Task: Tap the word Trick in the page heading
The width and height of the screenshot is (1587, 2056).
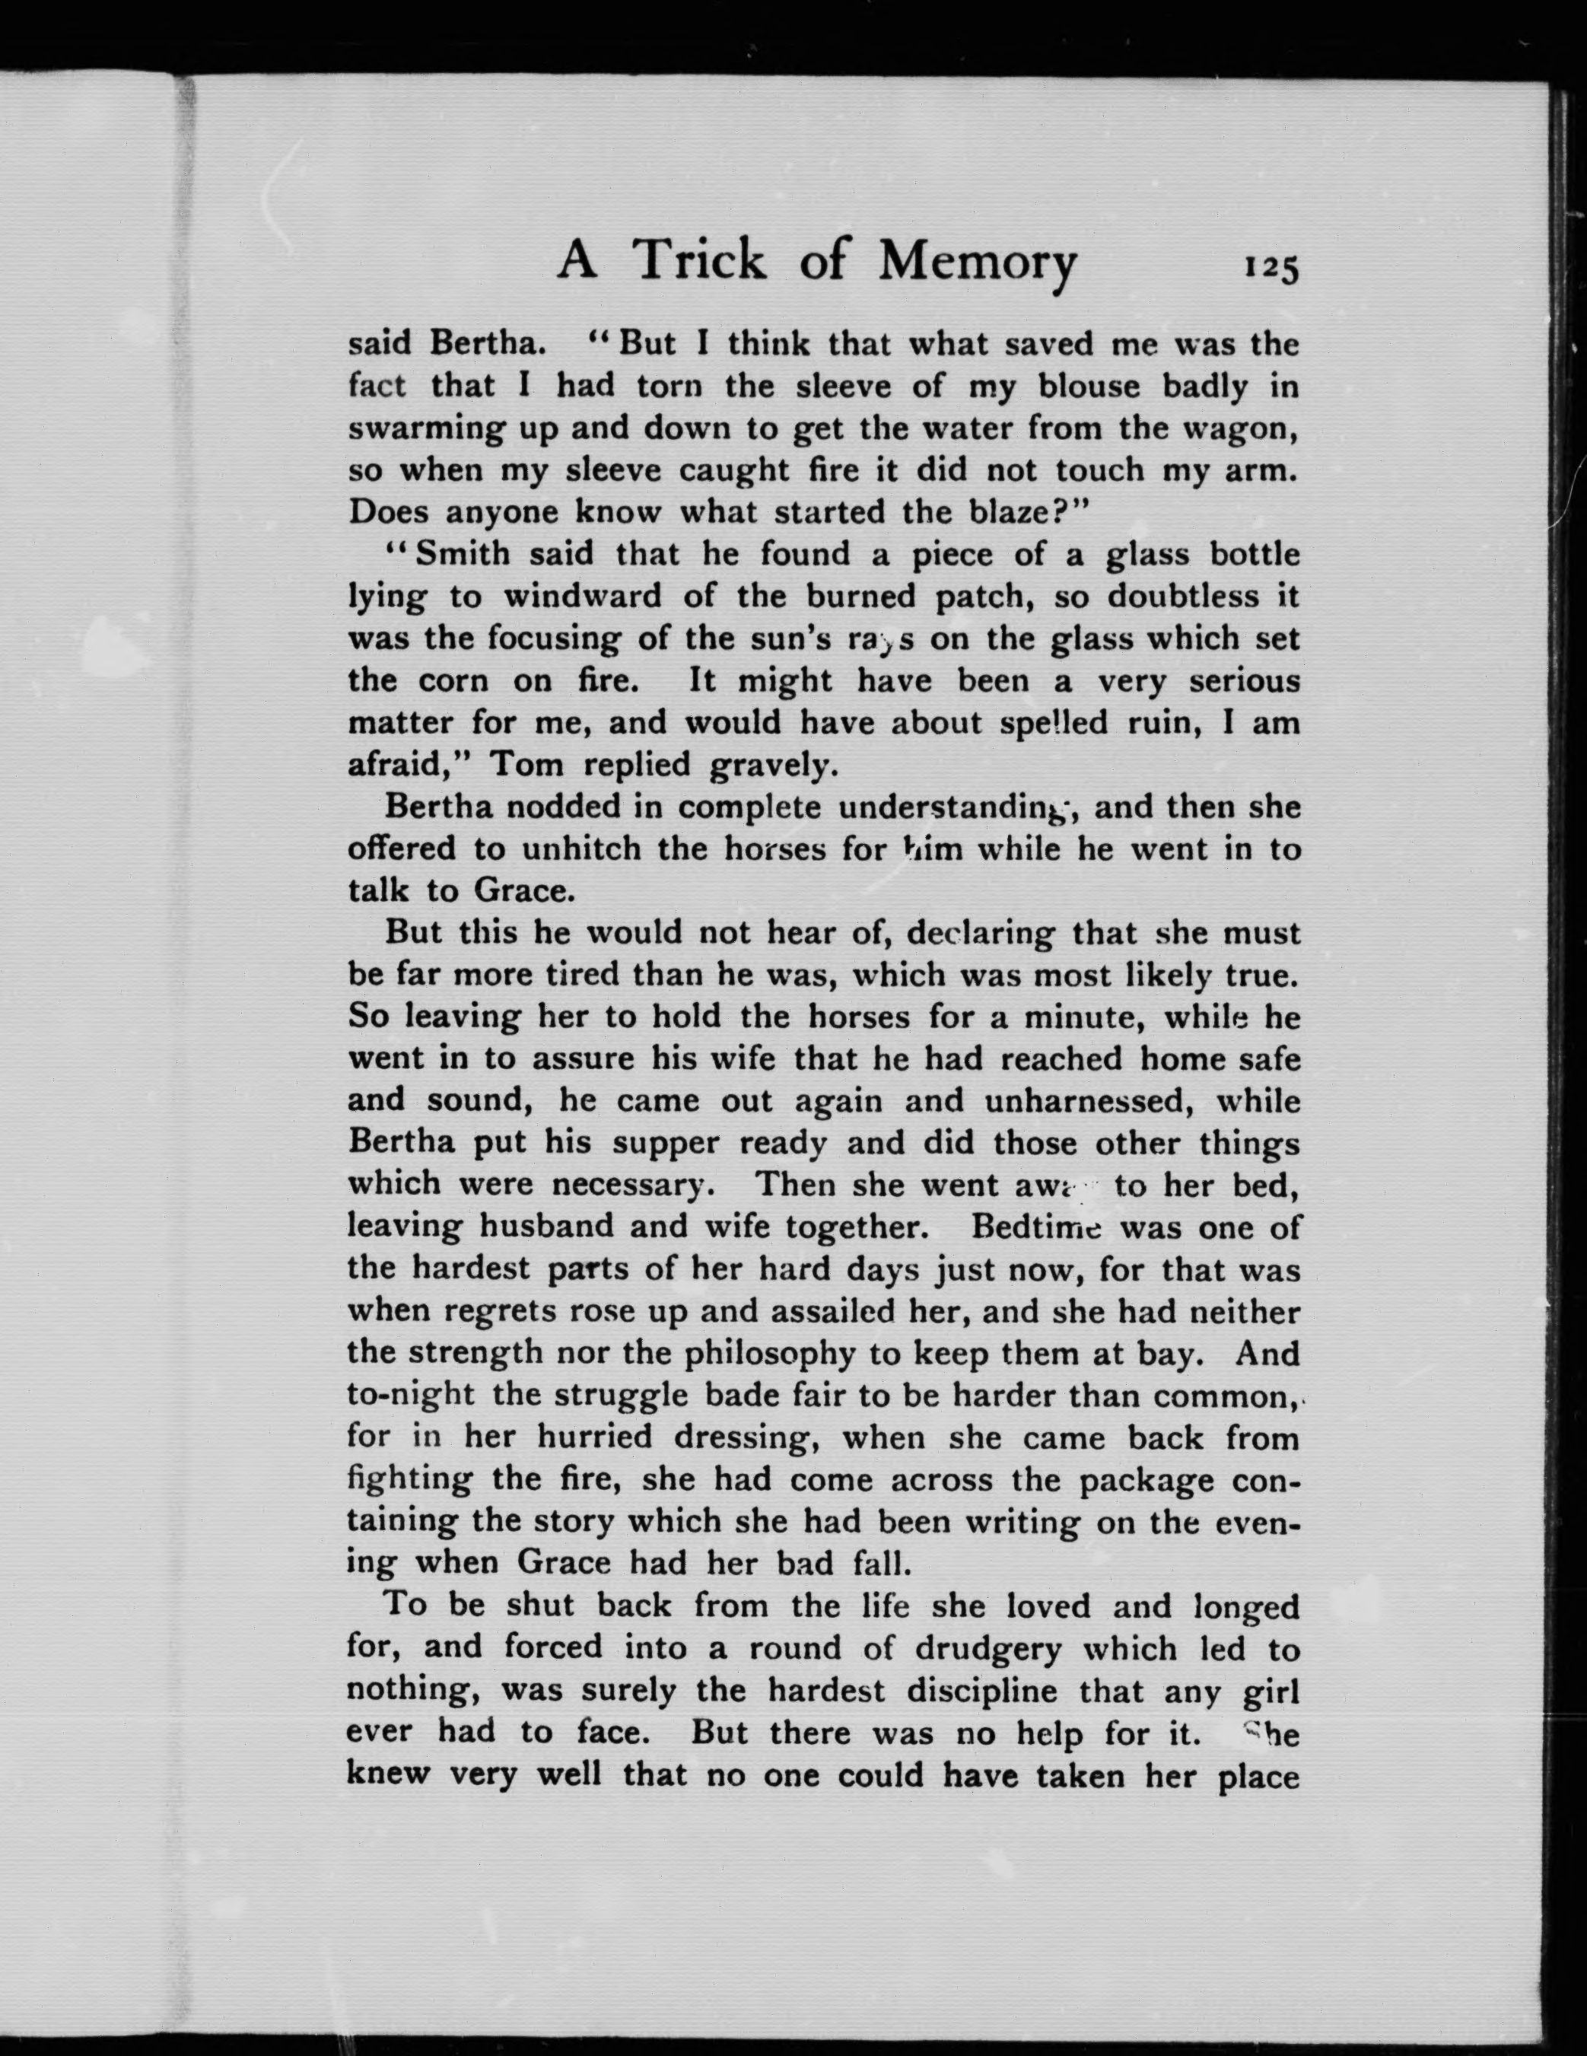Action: coord(699,261)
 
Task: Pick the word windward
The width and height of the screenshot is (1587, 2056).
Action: coord(583,596)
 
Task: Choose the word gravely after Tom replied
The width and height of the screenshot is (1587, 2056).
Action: coord(772,765)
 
